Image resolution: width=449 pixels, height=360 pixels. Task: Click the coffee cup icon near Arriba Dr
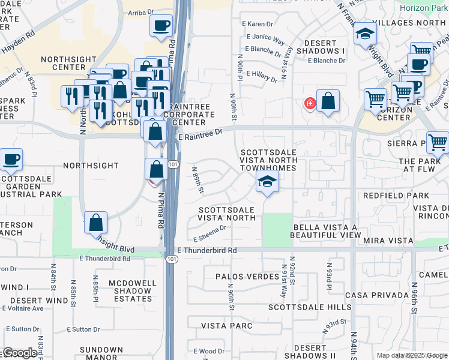pos(161,25)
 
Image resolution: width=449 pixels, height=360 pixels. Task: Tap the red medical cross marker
pos(310,103)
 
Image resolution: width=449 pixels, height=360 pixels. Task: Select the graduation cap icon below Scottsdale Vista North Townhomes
pos(267,182)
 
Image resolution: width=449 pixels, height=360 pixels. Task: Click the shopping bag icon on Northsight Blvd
pos(96,223)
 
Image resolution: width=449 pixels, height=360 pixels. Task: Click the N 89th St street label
pos(198,180)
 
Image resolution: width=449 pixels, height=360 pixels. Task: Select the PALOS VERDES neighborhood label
pos(246,277)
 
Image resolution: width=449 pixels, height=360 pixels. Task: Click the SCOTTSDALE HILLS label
pos(309,307)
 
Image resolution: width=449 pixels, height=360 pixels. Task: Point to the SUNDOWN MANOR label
pos(101,354)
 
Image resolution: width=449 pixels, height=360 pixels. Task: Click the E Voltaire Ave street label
pos(22,308)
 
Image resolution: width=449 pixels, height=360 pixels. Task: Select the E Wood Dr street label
pos(208,350)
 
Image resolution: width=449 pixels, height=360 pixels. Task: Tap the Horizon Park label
pos(424,9)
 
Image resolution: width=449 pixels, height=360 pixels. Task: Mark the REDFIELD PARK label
pos(396,196)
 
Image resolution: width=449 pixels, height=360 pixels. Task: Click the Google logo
pos(19,353)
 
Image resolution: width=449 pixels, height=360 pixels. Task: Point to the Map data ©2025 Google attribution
pos(411,355)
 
